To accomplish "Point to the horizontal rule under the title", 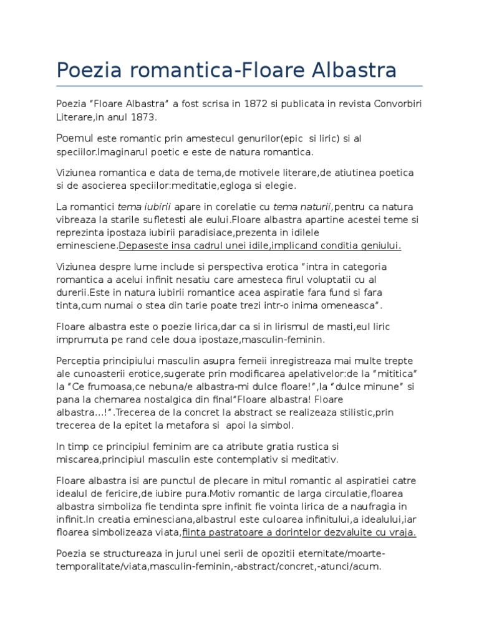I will click(x=239, y=85).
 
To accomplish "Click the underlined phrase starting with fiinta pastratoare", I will click(x=299, y=532).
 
